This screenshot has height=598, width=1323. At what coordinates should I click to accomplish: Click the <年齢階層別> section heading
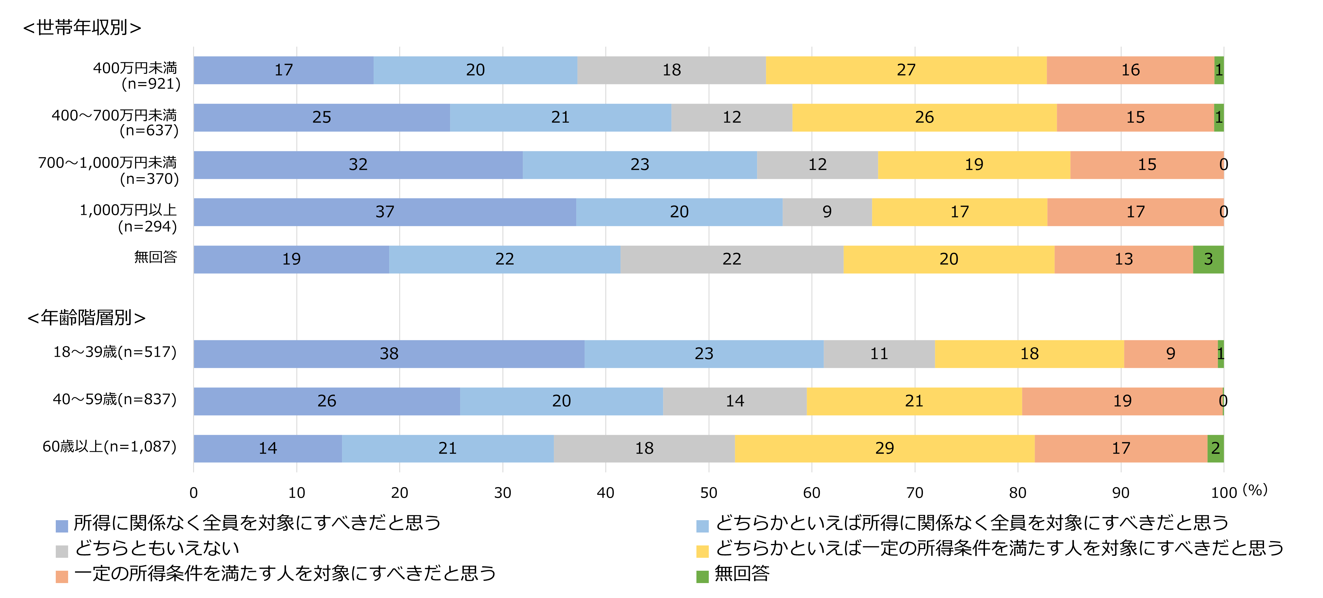[86, 318]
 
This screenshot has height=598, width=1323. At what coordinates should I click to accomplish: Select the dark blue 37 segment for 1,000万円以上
[385, 212]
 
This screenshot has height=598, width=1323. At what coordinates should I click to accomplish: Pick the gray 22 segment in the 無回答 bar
[731, 259]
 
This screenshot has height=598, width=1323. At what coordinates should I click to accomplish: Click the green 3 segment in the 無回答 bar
[1208, 259]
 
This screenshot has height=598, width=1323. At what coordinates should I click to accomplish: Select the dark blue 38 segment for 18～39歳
[389, 354]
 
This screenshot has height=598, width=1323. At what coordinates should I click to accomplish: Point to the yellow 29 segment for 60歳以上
[884, 448]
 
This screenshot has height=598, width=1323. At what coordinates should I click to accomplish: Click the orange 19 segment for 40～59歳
[1122, 401]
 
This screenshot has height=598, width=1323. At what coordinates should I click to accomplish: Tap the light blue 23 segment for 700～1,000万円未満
[640, 165]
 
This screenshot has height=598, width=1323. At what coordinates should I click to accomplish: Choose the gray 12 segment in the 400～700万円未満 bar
[731, 117]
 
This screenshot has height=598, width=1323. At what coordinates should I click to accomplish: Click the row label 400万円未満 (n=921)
[136, 76]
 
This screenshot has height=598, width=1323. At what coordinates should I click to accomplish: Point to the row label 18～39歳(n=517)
[115, 352]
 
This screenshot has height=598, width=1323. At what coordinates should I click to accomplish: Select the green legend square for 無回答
[702, 576]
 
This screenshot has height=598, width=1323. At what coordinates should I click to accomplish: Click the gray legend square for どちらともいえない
[62, 551]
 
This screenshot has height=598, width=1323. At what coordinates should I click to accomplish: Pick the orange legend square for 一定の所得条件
[62, 576]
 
